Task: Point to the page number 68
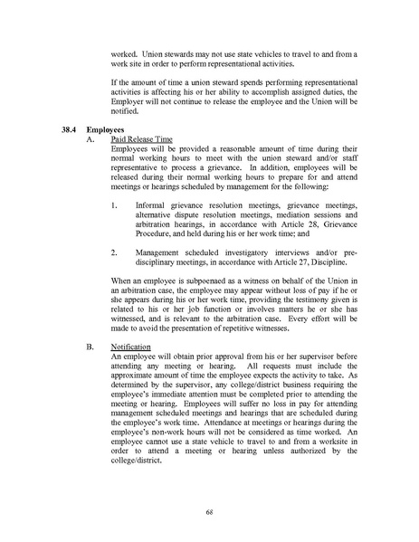208,513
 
